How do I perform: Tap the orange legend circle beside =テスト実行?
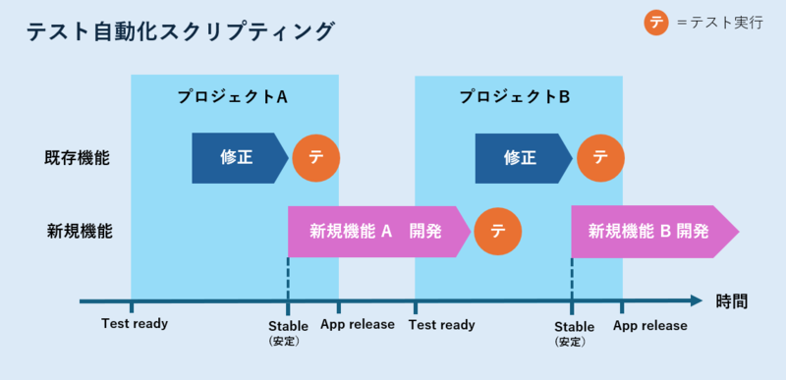(x=657, y=23)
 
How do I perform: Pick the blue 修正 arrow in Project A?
(x=239, y=157)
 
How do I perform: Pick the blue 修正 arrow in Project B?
(x=522, y=157)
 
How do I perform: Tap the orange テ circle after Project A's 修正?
(x=316, y=157)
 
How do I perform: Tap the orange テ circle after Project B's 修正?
(x=599, y=157)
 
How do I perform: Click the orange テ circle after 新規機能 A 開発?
(x=498, y=232)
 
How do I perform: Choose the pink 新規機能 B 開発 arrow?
(x=652, y=232)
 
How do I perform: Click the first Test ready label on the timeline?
(x=135, y=324)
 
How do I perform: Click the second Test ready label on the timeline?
(x=442, y=324)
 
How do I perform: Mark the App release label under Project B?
(x=649, y=325)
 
